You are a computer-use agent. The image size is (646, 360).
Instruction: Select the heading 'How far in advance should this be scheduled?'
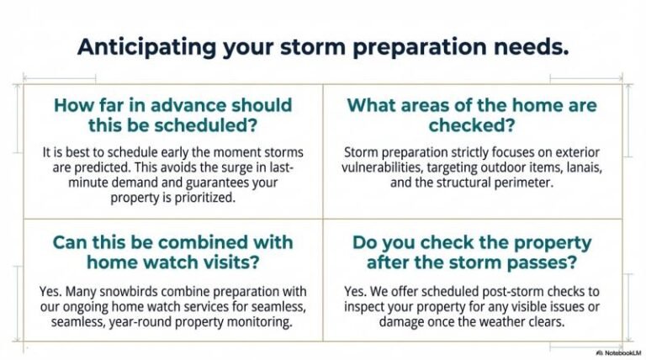172,115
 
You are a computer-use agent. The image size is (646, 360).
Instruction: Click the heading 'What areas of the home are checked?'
472,115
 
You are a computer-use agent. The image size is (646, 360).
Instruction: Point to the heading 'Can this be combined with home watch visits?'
172,252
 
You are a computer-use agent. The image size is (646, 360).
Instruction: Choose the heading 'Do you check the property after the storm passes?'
472,252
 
